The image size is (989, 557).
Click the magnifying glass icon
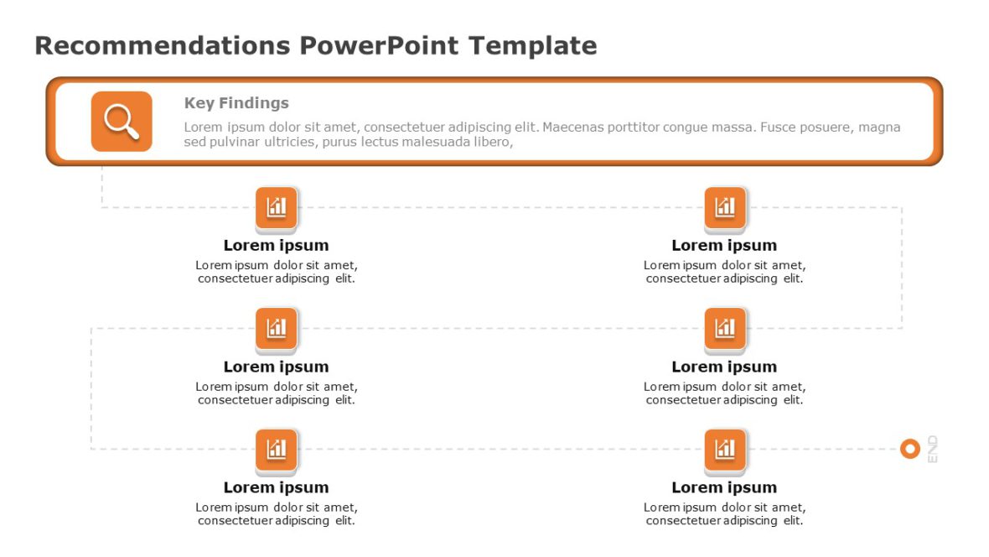[x=122, y=122]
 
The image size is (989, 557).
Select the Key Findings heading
[x=236, y=103]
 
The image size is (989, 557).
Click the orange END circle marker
[x=909, y=449]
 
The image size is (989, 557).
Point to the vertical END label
[x=932, y=449]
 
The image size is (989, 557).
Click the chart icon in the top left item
[x=277, y=207]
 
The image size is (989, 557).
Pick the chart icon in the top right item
[x=725, y=207]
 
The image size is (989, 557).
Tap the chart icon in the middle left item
[x=277, y=328]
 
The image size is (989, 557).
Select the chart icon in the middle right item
[x=725, y=328]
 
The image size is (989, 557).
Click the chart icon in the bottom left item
[x=277, y=450]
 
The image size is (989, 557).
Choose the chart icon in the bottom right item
[x=725, y=450]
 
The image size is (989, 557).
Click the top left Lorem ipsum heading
[x=276, y=245]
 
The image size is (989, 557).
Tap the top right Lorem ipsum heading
[x=724, y=245]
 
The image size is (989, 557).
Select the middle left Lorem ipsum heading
[x=276, y=367]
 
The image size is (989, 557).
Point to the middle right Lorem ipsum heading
[x=724, y=367]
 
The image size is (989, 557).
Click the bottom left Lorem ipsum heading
[x=276, y=487]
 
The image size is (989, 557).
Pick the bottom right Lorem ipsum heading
[x=724, y=487]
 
